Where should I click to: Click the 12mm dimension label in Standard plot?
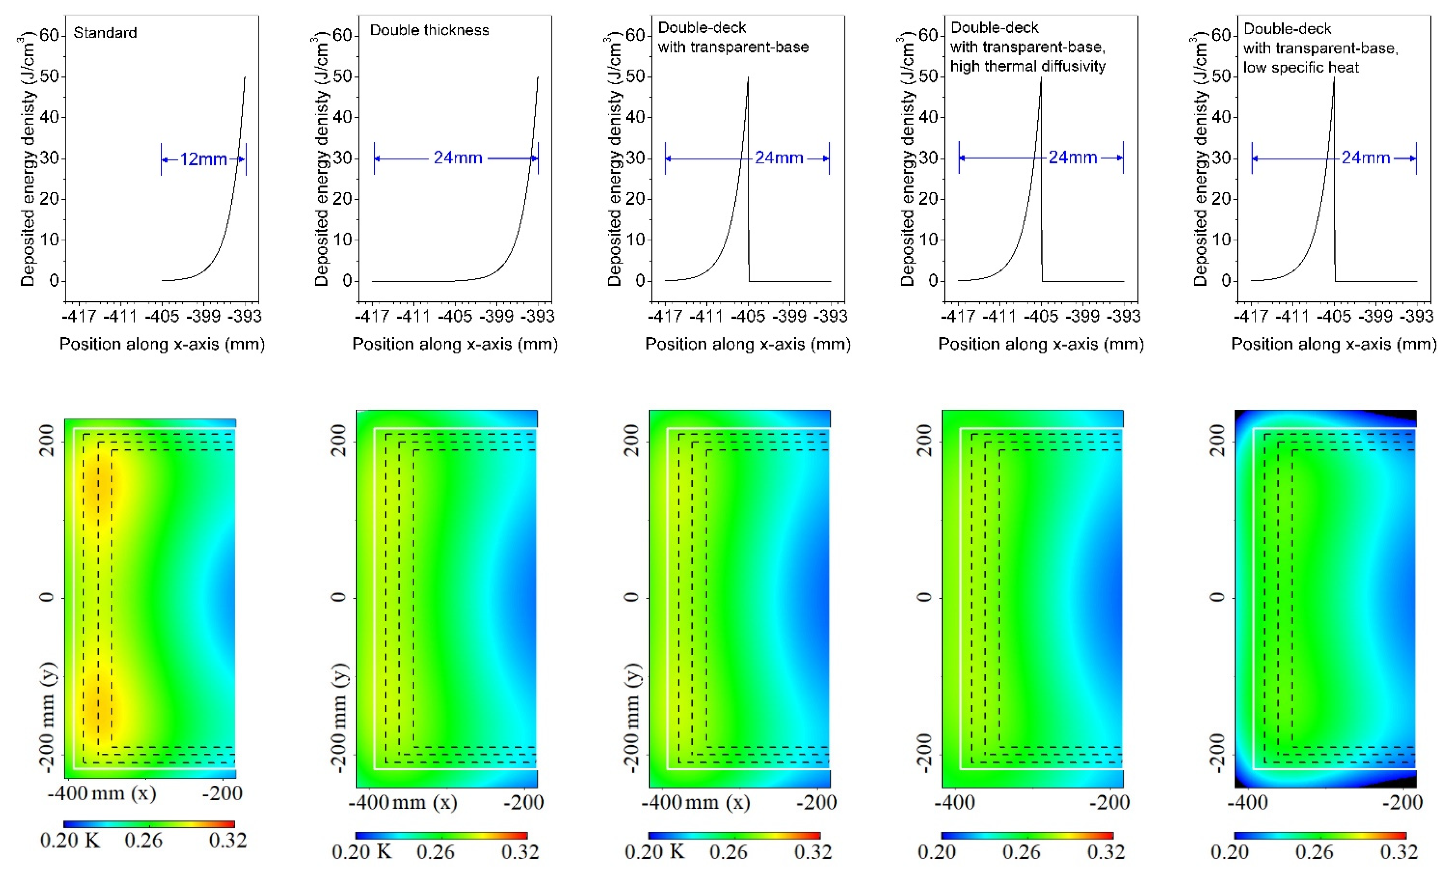(203, 159)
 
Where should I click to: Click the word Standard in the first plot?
(105, 33)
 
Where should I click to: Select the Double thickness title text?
(429, 30)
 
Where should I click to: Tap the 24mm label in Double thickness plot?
(458, 158)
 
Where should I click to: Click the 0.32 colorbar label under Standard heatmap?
(228, 840)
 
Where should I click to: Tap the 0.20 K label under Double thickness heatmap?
(361, 851)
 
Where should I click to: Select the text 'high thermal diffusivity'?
(1028, 66)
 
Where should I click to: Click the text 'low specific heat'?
(1300, 68)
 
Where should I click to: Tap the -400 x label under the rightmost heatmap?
(1247, 802)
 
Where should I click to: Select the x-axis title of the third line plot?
(748, 344)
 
